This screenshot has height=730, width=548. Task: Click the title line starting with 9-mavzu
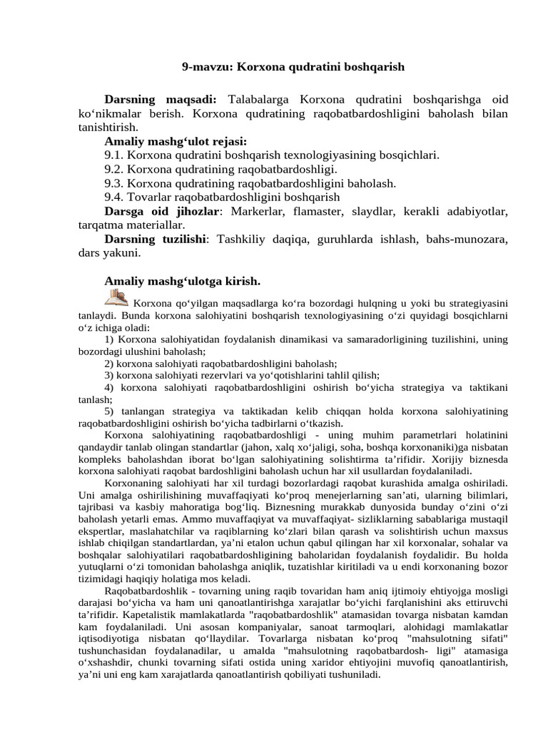(x=293, y=67)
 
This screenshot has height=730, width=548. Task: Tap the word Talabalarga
(x=258, y=99)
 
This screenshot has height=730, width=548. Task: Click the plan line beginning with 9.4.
(x=222, y=197)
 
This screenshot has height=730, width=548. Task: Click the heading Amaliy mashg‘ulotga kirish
(x=182, y=280)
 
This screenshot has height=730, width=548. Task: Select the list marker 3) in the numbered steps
(x=109, y=375)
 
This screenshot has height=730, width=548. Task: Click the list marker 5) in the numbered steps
(x=109, y=411)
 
